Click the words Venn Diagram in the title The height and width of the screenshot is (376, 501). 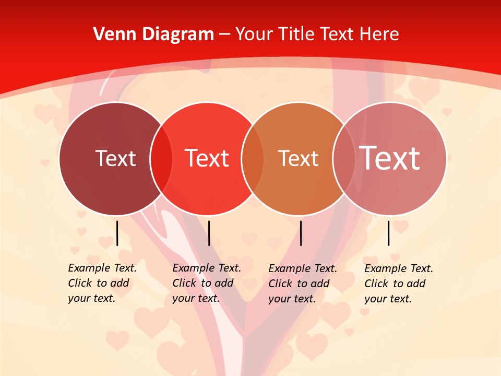[153, 34]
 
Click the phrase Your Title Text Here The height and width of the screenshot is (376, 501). [317, 34]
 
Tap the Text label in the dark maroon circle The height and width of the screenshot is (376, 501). [115, 158]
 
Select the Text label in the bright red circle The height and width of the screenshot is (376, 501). [207, 158]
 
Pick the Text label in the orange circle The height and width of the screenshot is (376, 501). [298, 158]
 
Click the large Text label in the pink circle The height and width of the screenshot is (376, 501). [390, 158]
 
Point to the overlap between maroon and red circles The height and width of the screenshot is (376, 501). [161, 159]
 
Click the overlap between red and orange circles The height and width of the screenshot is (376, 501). [253, 159]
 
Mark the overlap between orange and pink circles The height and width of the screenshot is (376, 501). [344, 159]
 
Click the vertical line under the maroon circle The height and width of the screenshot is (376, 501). [117, 233]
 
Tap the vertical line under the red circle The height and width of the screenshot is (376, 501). [209, 233]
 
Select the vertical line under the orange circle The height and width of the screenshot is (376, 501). [301, 233]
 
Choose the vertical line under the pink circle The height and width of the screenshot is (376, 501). [388, 233]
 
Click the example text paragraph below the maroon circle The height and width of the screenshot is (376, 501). [102, 283]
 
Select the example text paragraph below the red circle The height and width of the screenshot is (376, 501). [206, 283]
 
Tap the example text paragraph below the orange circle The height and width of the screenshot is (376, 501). [302, 284]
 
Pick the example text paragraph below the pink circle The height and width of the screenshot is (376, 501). [398, 284]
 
